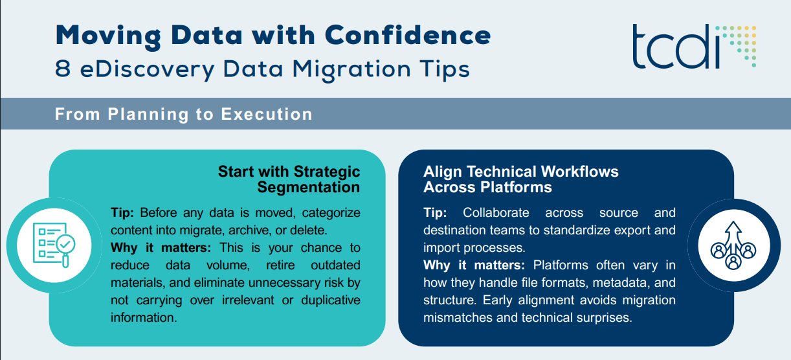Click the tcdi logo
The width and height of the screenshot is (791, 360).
[694, 46]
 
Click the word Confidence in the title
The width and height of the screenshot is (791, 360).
[408, 36]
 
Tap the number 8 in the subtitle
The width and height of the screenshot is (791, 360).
[63, 68]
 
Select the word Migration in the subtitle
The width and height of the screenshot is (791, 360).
[351, 70]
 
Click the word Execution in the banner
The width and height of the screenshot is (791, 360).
[267, 114]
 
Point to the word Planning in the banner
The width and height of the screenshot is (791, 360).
[148, 115]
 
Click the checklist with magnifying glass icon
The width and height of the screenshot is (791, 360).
[54, 245]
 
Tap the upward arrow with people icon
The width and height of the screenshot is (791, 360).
[733, 245]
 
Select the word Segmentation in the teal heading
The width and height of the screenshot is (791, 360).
[309, 187]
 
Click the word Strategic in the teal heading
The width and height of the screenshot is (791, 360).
[327, 172]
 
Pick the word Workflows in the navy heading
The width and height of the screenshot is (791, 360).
[579, 172]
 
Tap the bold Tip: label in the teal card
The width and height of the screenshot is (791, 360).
[122, 212]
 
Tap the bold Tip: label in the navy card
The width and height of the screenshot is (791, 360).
[435, 212]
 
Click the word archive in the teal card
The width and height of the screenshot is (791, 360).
[250, 231]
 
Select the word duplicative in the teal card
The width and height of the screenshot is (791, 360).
[331, 300]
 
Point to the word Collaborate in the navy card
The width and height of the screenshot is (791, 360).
[496, 212]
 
